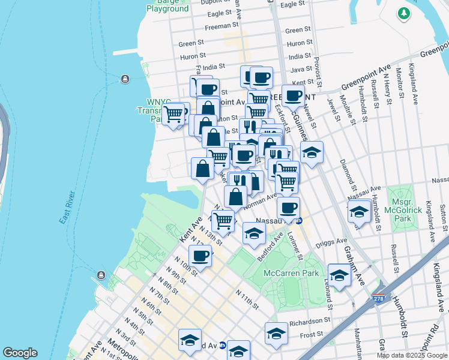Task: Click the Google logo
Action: (x=20, y=353)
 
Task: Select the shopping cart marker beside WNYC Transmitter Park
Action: (x=173, y=113)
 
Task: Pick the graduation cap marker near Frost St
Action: (x=276, y=333)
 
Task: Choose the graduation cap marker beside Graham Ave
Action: (x=339, y=275)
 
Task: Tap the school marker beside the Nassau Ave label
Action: (x=358, y=212)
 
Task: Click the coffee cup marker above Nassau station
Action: (x=288, y=208)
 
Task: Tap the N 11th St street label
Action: (x=247, y=298)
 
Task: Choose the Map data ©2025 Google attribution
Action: (x=411, y=355)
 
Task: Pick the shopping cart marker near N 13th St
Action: (x=223, y=219)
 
